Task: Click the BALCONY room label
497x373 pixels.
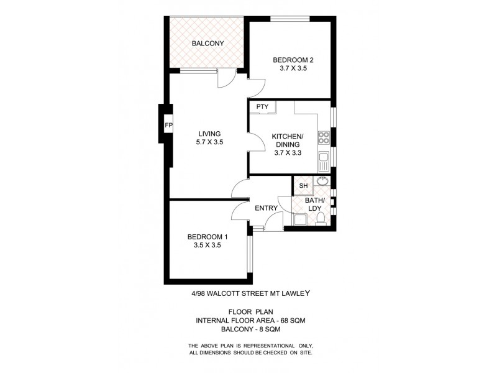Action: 208,44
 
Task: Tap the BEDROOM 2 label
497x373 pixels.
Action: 293,60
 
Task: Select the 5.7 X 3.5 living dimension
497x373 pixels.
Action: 210,142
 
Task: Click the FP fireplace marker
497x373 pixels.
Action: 168,126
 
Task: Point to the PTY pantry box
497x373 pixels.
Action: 262,107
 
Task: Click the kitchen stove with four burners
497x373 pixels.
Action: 323,136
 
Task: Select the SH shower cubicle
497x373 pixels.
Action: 303,186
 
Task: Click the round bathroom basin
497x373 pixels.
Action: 321,182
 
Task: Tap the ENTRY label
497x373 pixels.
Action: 266,208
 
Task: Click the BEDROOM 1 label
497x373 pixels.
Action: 208,236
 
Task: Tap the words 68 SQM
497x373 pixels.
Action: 291,320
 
